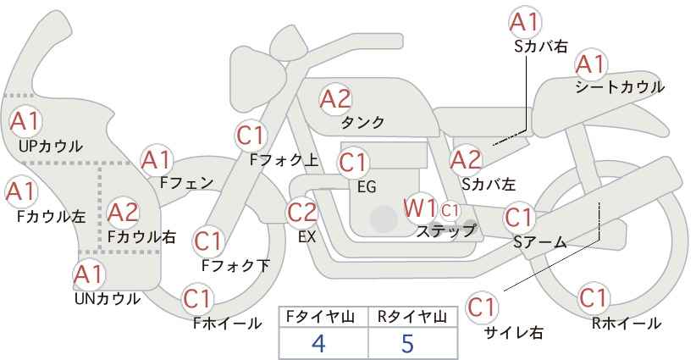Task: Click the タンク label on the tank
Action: coord(362,123)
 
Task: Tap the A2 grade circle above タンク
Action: coord(335,99)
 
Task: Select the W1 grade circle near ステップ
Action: coord(420,208)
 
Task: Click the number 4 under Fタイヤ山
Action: coord(318,343)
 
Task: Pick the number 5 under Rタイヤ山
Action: coord(408,343)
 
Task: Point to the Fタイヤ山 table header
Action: coord(323,317)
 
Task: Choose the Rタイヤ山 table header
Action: coord(412,317)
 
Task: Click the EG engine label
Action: coord(367,186)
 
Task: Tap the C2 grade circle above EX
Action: coord(302,212)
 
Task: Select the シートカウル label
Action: coord(619,87)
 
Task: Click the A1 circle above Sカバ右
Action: coord(525,22)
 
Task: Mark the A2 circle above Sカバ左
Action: coord(466,158)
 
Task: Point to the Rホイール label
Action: coord(627,323)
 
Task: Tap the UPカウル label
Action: coord(50,146)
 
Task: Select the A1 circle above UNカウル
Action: coord(88,275)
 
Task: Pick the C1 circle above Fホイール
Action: coord(198,299)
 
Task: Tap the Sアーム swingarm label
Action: coord(539,242)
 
